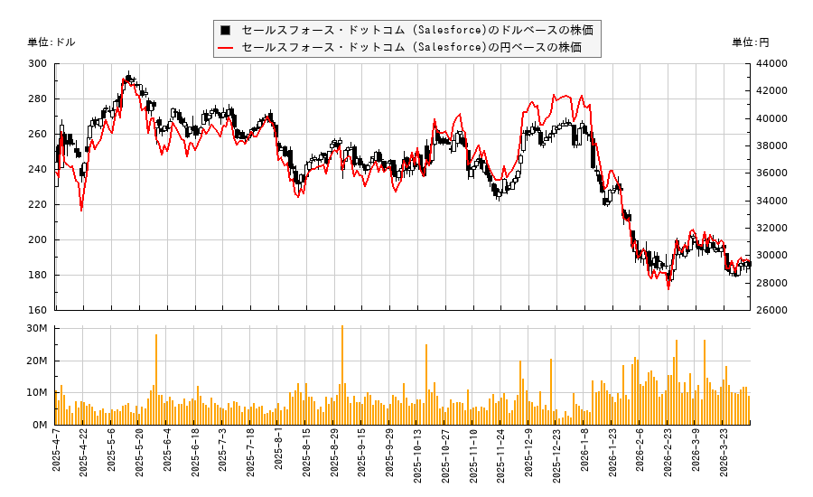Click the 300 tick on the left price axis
(37, 63)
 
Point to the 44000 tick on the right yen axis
(772, 63)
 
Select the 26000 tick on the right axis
(772, 310)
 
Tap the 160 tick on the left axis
(37, 310)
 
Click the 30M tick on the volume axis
(37, 328)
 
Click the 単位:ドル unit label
(51, 42)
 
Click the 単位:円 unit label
(750, 42)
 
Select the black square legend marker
(225, 30)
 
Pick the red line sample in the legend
(226, 48)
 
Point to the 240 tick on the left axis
(37, 169)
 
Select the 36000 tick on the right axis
(772, 173)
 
